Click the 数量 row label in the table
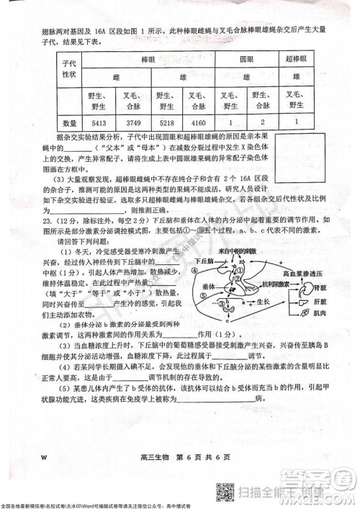click(x=69, y=122)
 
